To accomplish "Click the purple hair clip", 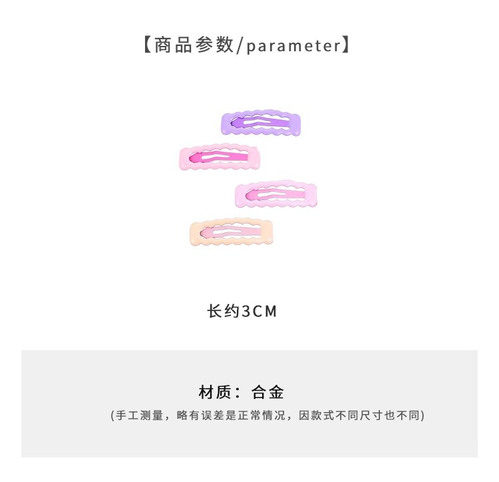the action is click(261, 123).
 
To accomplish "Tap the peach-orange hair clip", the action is click(232, 233).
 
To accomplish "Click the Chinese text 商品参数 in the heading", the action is click(194, 46).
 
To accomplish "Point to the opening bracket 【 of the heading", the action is click(146, 46).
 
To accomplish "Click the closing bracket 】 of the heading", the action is click(346, 46).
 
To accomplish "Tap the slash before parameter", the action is click(241, 46).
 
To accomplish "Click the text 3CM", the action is click(259, 311).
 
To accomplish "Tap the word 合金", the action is click(268, 391).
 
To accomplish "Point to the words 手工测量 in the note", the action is click(139, 415).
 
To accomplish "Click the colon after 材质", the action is click(238, 392).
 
